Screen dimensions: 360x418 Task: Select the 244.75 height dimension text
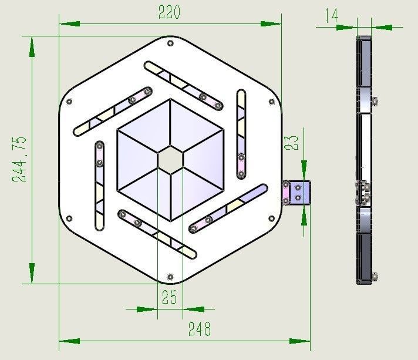19,159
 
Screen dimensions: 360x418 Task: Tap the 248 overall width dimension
200,329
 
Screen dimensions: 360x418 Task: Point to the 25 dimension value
169,298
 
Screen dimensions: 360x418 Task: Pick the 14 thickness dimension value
331,15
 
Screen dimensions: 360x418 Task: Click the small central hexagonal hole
170,159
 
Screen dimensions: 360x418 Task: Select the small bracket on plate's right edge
297,193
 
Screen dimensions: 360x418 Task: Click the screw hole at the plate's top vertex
170,43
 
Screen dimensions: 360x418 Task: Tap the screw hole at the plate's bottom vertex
170,276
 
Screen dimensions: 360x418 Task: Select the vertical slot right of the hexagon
241,134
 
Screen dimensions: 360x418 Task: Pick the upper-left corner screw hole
70,102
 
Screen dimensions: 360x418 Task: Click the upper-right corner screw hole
271,102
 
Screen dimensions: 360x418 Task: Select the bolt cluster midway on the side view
365,193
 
